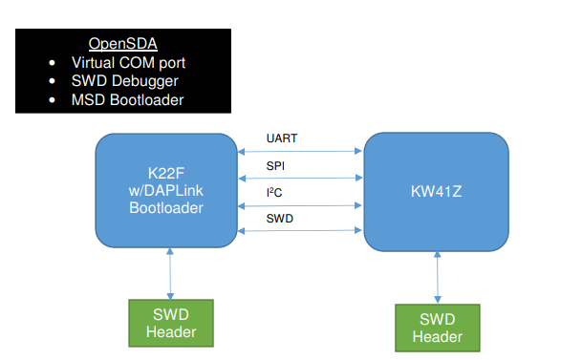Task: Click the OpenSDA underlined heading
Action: pyautogui.click(x=123, y=44)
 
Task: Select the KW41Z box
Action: pyautogui.click(x=437, y=191)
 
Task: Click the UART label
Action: pyautogui.click(x=282, y=138)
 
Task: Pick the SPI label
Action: pyautogui.click(x=275, y=166)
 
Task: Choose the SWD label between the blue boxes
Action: pyautogui.click(x=279, y=219)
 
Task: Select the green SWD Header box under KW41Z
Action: pyautogui.click(x=438, y=328)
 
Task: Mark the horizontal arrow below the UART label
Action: pyautogui.click(x=301, y=150)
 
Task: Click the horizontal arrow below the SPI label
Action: pyautogui.click(x=301, y=177)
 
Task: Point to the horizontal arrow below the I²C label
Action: pyautogui.click(x=301, y=203)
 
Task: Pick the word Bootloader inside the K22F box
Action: pyautogui.click(x=167, y=204)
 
